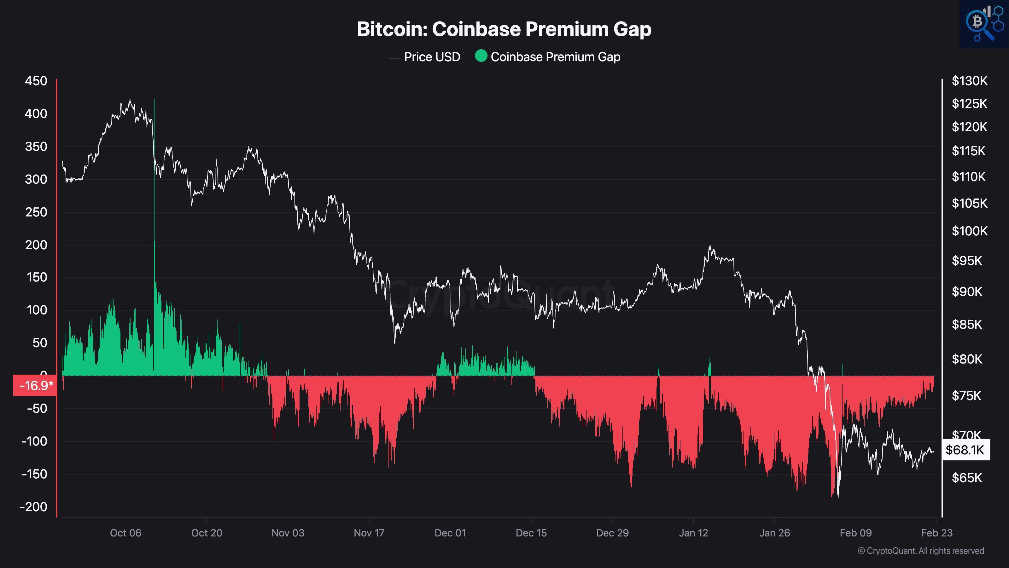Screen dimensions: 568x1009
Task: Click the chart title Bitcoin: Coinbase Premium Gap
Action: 504,29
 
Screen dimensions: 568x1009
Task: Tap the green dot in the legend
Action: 481,56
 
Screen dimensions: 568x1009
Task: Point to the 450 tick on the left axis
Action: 36,81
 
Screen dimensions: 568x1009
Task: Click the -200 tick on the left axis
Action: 34,507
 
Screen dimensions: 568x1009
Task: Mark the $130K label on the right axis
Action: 970,81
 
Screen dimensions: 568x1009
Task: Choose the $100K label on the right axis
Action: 970,231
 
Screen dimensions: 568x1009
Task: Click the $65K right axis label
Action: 967,478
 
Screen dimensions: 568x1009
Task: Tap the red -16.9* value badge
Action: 35,386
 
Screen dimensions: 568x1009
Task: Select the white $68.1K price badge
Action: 965,450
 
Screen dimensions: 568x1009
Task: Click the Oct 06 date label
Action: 125,533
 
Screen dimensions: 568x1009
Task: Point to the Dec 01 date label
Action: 450,533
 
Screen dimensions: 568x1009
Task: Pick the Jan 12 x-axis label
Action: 693,533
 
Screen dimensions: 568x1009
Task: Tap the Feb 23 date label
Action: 936,533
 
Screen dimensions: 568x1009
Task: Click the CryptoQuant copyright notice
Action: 920,551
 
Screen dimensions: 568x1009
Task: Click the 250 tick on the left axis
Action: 36,212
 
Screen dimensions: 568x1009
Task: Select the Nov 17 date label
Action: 369,533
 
